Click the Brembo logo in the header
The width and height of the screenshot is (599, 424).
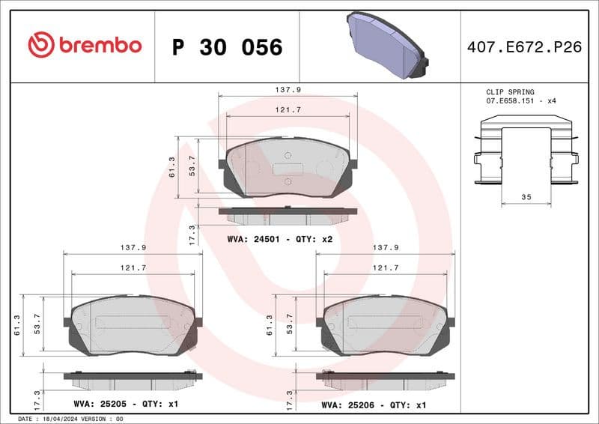point(85,45)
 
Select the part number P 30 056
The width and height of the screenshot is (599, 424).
point(227,47)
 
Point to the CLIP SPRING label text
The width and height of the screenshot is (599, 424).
point(510,91)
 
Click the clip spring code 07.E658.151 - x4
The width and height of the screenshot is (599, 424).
point(521,100)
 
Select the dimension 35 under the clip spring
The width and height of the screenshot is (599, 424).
point(526,197)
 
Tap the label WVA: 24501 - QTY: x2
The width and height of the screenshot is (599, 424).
point(279,239)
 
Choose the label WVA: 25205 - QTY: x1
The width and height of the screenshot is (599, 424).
point(126,404)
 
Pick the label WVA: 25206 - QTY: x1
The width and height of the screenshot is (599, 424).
point(374,404)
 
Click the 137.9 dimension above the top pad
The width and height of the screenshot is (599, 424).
point(288,89)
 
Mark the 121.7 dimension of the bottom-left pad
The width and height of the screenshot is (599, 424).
point(132,267)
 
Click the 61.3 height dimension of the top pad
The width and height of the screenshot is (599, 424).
point(171,167)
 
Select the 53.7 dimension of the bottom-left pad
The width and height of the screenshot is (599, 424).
point(37,324)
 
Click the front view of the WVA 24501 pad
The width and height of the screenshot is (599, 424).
point(287,169)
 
